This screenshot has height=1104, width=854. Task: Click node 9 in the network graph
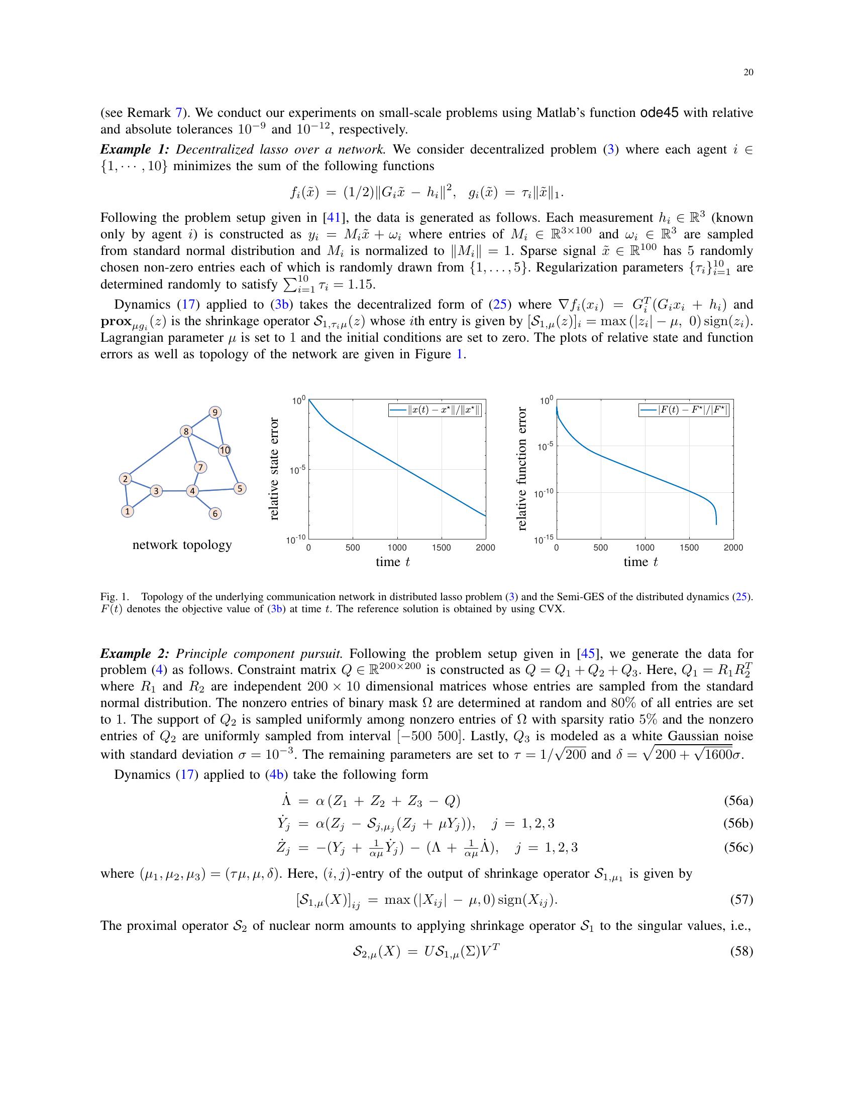pos(215,412)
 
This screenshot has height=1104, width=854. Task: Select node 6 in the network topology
pos(215,513)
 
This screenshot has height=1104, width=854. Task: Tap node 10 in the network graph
pos(225,450)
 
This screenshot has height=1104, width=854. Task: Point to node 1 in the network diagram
pos(128,511)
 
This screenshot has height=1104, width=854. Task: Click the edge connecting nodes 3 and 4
pos(174,491)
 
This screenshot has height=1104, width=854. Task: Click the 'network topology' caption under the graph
pos(182,545)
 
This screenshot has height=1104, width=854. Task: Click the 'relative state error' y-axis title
pos(274,469)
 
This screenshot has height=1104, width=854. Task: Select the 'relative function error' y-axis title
pos(522,469)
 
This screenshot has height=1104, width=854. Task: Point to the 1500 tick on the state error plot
pos(441,547)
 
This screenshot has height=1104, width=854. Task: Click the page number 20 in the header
pos(749,72)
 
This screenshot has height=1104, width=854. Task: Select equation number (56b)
pos(738,823)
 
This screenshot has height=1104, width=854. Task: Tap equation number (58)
pos(741,952)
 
